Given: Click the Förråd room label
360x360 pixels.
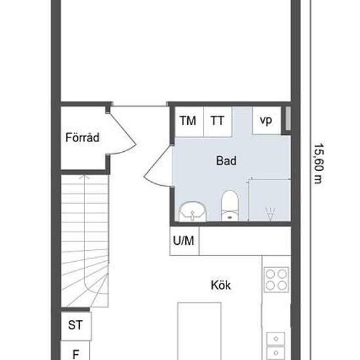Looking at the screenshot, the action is click(82, 137).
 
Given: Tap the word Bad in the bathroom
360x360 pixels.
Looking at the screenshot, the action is click(226, 160).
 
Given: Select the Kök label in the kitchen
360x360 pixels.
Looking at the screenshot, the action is click(221, 285).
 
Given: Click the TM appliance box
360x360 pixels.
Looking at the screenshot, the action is click(189, 122).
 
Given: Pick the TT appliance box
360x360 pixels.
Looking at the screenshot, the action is click(218, 122).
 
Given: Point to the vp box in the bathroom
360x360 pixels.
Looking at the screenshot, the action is click(266, 120).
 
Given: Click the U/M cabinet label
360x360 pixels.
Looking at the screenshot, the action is click(183, 241).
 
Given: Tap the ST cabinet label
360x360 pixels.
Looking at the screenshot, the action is click(75, 325).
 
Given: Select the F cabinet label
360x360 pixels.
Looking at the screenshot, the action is click(75, 354).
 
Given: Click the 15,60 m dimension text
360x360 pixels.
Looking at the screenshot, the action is click(319, 164).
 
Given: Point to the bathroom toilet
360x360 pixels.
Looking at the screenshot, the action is click(230, 206).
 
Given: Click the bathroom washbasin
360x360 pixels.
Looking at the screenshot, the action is click(192, 211).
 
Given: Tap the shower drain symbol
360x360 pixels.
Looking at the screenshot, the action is click(270, 213).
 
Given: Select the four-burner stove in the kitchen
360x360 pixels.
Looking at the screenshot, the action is click(276, 279).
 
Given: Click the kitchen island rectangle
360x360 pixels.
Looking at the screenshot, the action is click(199, 331).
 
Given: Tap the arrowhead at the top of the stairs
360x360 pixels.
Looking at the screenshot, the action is click(84, 177).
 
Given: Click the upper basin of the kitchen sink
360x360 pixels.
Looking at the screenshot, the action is click(276, 338).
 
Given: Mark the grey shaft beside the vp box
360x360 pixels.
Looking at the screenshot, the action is click(288, 119).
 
